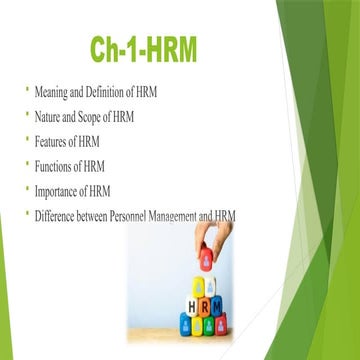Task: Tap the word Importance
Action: (x=61, y=190)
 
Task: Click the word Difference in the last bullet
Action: (x=62, y=214)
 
